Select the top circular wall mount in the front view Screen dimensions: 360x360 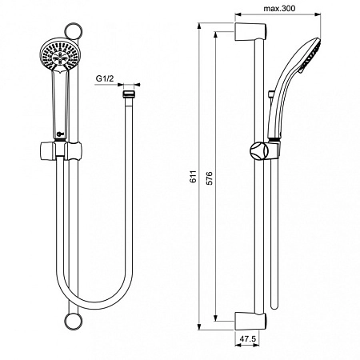coord(76,35)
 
